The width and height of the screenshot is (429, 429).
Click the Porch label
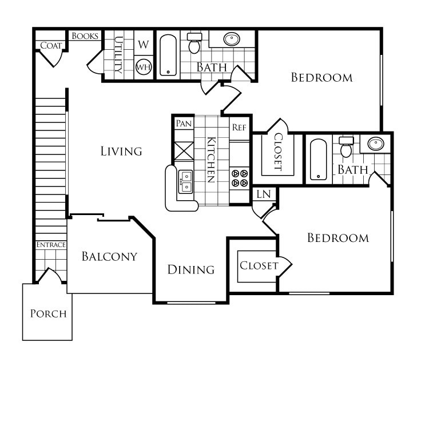48,313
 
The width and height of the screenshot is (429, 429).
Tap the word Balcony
109,256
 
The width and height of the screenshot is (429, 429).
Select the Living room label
121,152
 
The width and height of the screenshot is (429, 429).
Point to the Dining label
191,269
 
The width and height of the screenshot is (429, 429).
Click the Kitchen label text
210,160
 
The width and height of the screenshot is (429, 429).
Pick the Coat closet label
51,46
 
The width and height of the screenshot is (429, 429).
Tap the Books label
85,36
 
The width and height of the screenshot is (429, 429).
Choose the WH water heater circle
143,66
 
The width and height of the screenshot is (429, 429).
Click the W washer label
144,45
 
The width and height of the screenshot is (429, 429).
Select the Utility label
119,55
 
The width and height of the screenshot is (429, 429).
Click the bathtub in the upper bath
168,55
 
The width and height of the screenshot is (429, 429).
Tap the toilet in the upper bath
194,43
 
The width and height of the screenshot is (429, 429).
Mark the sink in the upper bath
232,39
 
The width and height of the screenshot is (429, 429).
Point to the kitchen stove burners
239,178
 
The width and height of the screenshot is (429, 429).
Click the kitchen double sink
185,182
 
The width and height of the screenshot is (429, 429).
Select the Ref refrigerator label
239,128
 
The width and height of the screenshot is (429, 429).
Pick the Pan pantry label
184,124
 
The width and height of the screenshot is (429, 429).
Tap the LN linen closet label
263,194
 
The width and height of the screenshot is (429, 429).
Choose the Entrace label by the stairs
51,245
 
